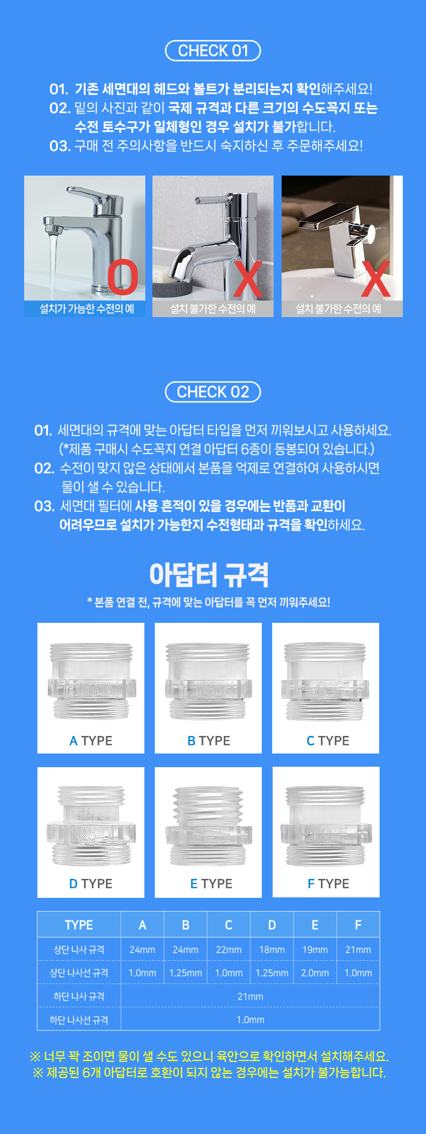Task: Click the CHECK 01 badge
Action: point(213,51)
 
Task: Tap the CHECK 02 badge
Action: point(213,392)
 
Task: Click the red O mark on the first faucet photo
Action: point(123,277)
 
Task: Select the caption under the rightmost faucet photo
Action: point(338,309)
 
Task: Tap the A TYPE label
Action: point(91,741)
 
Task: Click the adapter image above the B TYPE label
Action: point(208,682)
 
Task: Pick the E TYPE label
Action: point(211,884)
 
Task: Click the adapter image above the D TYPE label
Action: point(91,826)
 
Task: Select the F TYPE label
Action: point(328,884)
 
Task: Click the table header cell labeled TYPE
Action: point(79,925)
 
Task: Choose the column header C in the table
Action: point(229,925)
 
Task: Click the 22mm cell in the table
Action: point(229,950)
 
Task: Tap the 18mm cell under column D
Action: point(272,950)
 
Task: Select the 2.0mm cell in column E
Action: point(315,973)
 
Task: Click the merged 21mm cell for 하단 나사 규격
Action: point(250,996)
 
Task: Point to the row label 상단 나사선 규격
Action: point(79,973)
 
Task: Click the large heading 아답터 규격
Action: point(209,575)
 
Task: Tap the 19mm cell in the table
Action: point(315,950)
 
